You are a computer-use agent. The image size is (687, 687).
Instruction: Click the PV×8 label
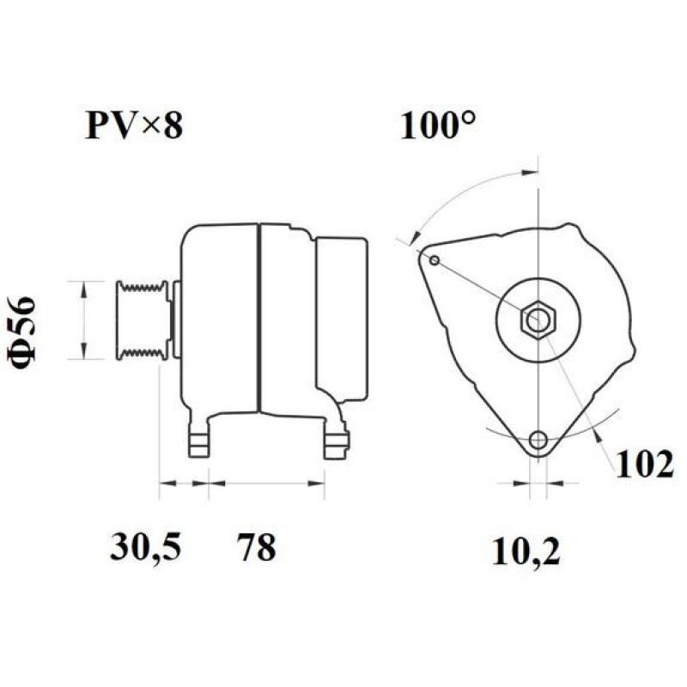coord(133,126)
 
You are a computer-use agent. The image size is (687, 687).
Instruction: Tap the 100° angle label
coord(438,126)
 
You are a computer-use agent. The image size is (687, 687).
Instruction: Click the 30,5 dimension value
coord(145,547)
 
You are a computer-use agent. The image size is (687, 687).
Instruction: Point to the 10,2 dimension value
coord(526,551)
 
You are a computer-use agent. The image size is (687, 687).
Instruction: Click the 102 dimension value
coord(644,464)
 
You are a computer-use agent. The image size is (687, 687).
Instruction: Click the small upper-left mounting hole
coord(435,260)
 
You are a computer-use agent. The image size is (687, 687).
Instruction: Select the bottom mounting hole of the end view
coord(538,441)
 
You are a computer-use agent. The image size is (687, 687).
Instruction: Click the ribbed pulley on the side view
coord(143,319)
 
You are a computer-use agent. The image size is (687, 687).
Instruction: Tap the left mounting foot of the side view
coord(198,439)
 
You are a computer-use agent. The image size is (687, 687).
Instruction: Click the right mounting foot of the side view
coord(336,441)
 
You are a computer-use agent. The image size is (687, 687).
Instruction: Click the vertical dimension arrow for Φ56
coord(83,319)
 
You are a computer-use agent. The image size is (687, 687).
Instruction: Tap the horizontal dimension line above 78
coord(267,483)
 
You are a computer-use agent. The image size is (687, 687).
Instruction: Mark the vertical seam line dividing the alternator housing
coord(259,318)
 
